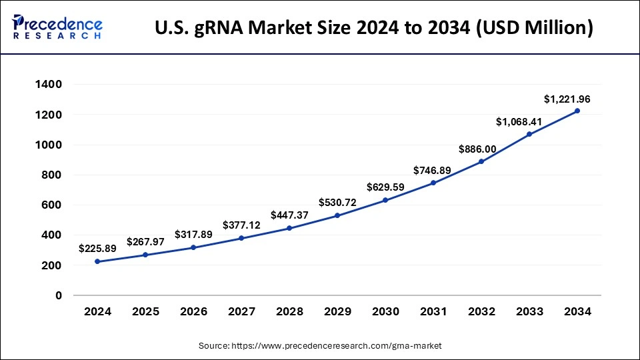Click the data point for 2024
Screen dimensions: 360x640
[97, 261]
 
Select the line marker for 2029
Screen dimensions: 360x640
[337, 215]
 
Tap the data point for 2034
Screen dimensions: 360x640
[577, 111]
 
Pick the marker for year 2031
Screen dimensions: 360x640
[433, 183]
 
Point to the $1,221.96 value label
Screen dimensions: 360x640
[567, 99]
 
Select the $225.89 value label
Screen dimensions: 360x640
[97, 249]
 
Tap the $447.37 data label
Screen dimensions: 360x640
[289, 215]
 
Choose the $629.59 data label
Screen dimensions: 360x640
[385, 187]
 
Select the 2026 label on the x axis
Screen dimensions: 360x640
[193, 311]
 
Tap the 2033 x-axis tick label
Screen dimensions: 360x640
[529, 311]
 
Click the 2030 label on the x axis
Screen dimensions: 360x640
[385, 311]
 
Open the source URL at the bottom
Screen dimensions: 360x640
[336, 346]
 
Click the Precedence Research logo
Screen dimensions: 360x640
[57, 27]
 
